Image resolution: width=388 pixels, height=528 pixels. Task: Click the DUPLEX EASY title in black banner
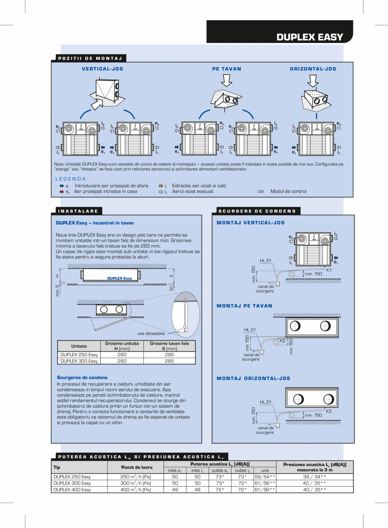(310, 37)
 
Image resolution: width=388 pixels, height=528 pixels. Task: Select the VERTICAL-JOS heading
(102, 69)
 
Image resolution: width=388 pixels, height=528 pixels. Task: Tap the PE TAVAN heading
(226, 69)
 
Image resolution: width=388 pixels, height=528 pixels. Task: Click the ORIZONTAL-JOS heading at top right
(313, 69)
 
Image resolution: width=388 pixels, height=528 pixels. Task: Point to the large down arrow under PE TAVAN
(226, 80)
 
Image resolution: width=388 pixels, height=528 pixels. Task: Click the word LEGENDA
(70, 179)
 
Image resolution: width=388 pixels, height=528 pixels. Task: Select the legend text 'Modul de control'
(288, 191)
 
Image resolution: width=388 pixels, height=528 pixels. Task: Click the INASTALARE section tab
(78, 211)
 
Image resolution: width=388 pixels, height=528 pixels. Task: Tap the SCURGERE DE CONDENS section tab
(257, 211)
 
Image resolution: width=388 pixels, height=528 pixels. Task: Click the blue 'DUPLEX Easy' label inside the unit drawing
(119, 279)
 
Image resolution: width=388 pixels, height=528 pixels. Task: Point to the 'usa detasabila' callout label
(151, 333)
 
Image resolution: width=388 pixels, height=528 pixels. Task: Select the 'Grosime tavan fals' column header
(169, 344)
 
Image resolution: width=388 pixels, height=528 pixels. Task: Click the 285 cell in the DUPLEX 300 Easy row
(169, 361)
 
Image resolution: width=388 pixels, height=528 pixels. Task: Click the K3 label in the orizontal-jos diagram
(329, 411)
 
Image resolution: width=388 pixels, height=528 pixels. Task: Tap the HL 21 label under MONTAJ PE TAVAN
(250, 330)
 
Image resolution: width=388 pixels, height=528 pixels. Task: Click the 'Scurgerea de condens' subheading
(82, 377)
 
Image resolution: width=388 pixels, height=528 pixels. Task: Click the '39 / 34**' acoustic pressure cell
(314, 477)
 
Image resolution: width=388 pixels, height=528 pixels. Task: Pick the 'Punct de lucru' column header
(136, 467)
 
